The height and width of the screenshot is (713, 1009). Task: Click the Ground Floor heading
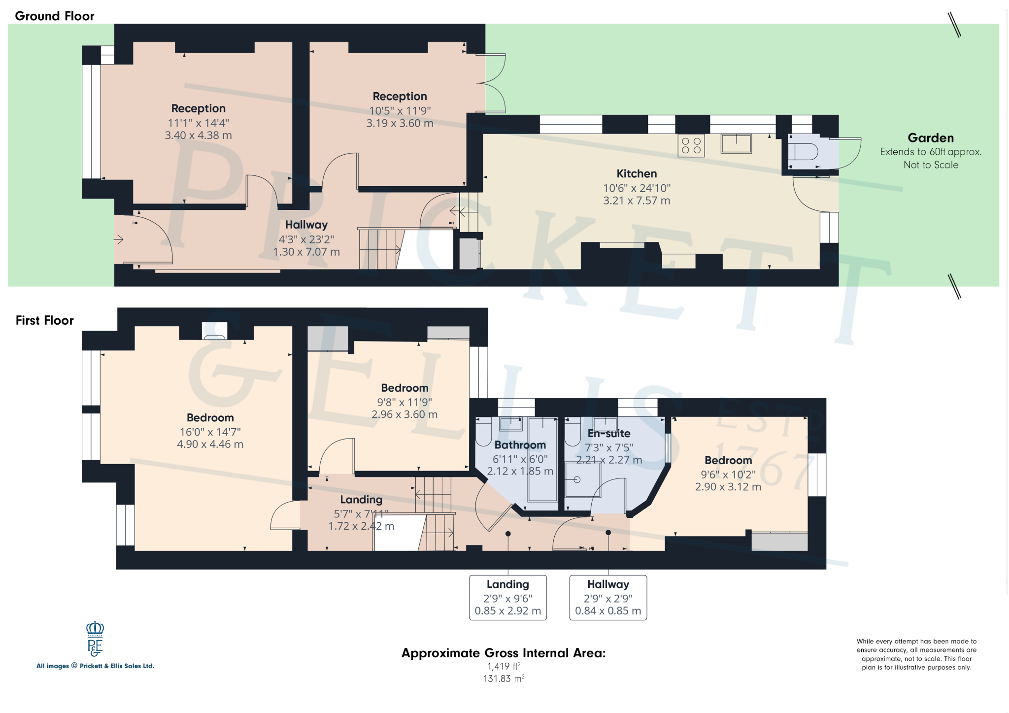pyautogui.click(x=54, y=16)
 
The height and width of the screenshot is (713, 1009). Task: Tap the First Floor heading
pyautogui.click(x=44, y=320)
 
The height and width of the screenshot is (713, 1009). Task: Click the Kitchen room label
pyautogui.click(x=637, y=173)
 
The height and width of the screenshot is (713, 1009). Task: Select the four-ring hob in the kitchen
pyautogui.click(x=691, y=145)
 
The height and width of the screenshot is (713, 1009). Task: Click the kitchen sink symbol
pyautogui.click(x=736, y=144)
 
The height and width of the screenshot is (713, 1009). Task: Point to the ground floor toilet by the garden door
pyautogui.click(x=803, y=151)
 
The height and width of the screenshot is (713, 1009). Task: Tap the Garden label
pyautogui.click(x=931, y=138)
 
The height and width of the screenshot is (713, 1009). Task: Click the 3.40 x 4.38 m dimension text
pyautogui.click(x=198, y=136)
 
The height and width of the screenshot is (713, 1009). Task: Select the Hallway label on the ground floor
pyautogui.click(x=306, y=225)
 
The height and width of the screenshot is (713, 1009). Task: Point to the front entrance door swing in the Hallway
pyautogui.click(x=153, y=239)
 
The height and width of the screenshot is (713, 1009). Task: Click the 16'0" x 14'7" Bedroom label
pyautogui.click(x=210, y=432)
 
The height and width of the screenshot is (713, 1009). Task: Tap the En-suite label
pyautogui.click(x=609, y=434)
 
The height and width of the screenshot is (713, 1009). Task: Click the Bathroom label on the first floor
pyautogui.click(x=520, y=445)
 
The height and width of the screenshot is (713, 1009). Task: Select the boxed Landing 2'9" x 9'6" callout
pyautogui.click(x=507, y=597)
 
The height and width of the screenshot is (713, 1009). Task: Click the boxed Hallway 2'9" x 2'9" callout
pyautogui.click(x=608, y=597)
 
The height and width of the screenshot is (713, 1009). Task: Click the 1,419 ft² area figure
pyautogui.click(x=504, y=666)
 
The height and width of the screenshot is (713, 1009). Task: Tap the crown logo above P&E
pyautogui.click(x=95, y=628)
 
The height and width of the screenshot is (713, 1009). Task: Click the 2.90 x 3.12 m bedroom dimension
pyautogui.click(x=728, y=487)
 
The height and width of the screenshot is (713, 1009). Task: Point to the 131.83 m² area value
pyautogui.click(x=504, y=679)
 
